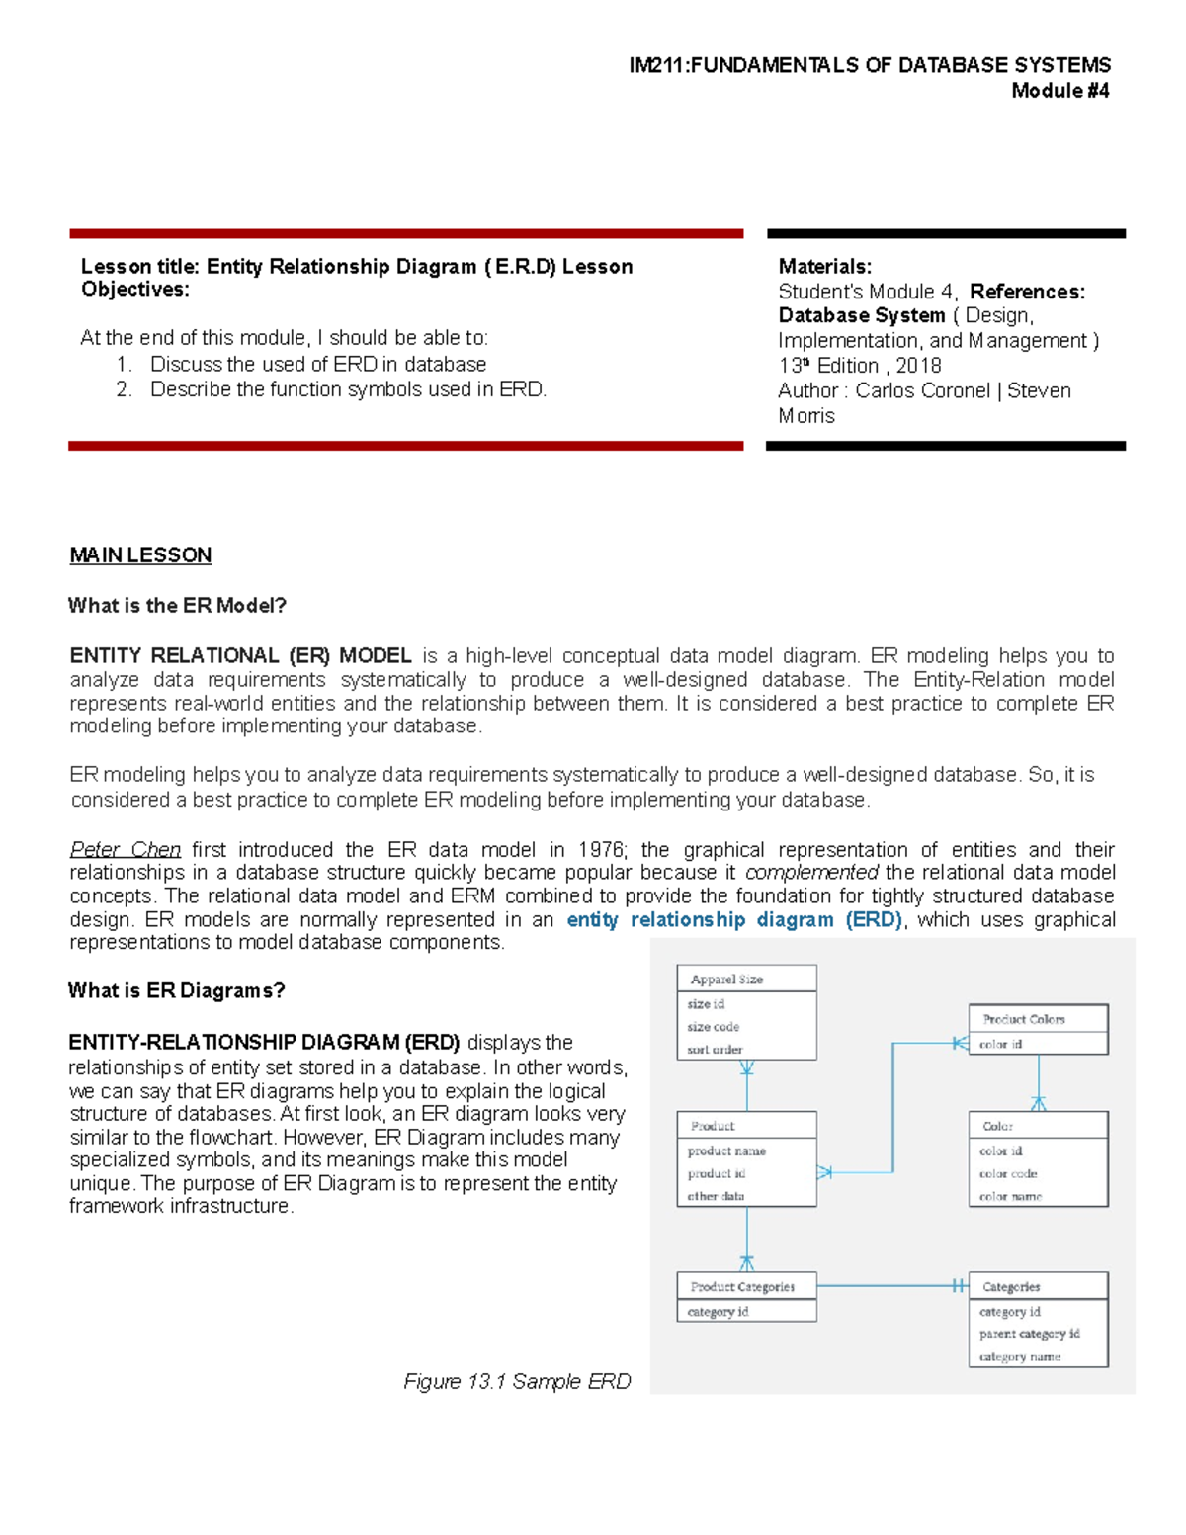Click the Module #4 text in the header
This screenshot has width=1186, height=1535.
point(1059,91)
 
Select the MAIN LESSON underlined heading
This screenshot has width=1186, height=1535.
point(140,555)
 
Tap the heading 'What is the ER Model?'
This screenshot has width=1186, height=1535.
point(177,606)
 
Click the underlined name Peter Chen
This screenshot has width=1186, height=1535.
point(126,850)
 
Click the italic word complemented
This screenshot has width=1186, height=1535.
point(811,873)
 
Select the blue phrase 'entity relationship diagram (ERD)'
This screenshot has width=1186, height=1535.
point(734,920)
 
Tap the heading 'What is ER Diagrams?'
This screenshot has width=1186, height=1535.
point(176,991)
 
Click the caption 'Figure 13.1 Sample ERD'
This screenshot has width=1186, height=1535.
point(517,1382)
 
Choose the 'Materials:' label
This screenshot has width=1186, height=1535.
point(824,267)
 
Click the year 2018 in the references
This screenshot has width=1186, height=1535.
point(918,366)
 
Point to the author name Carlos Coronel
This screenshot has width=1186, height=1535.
point(922,390)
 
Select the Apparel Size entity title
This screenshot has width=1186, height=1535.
point(726,980)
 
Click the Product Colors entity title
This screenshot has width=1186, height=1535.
point(1024,1019)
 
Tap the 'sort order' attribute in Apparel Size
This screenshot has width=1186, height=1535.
point(715,1050)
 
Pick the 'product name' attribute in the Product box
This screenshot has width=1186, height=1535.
point(726,1151)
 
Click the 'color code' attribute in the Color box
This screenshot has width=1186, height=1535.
point(1008,1174)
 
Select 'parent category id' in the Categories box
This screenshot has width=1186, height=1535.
point(1029,1334)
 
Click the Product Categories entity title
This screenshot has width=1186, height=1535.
point(742,1287)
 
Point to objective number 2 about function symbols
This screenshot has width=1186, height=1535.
point(348,390)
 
